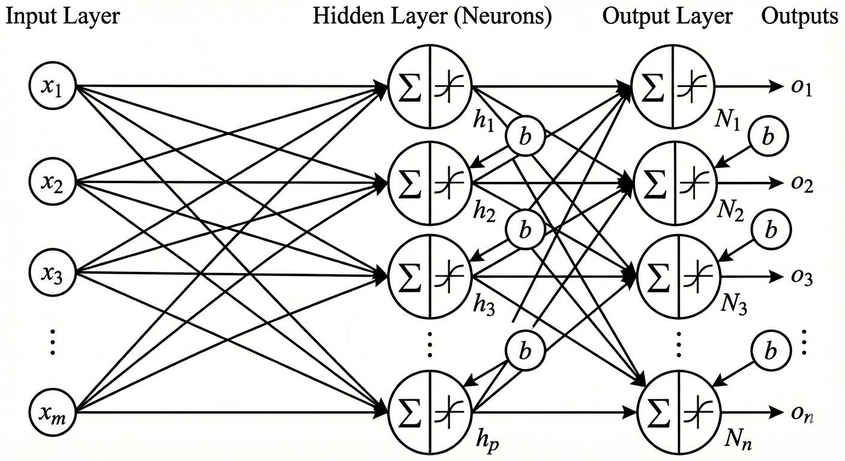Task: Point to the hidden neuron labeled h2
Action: coord(430,180)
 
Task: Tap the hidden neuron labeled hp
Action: coord(430,412)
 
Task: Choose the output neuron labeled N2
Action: coord(675,180)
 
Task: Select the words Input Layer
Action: coord(62,16)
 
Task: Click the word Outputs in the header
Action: coord(799,16)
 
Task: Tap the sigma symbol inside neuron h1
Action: coord(411,87)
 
